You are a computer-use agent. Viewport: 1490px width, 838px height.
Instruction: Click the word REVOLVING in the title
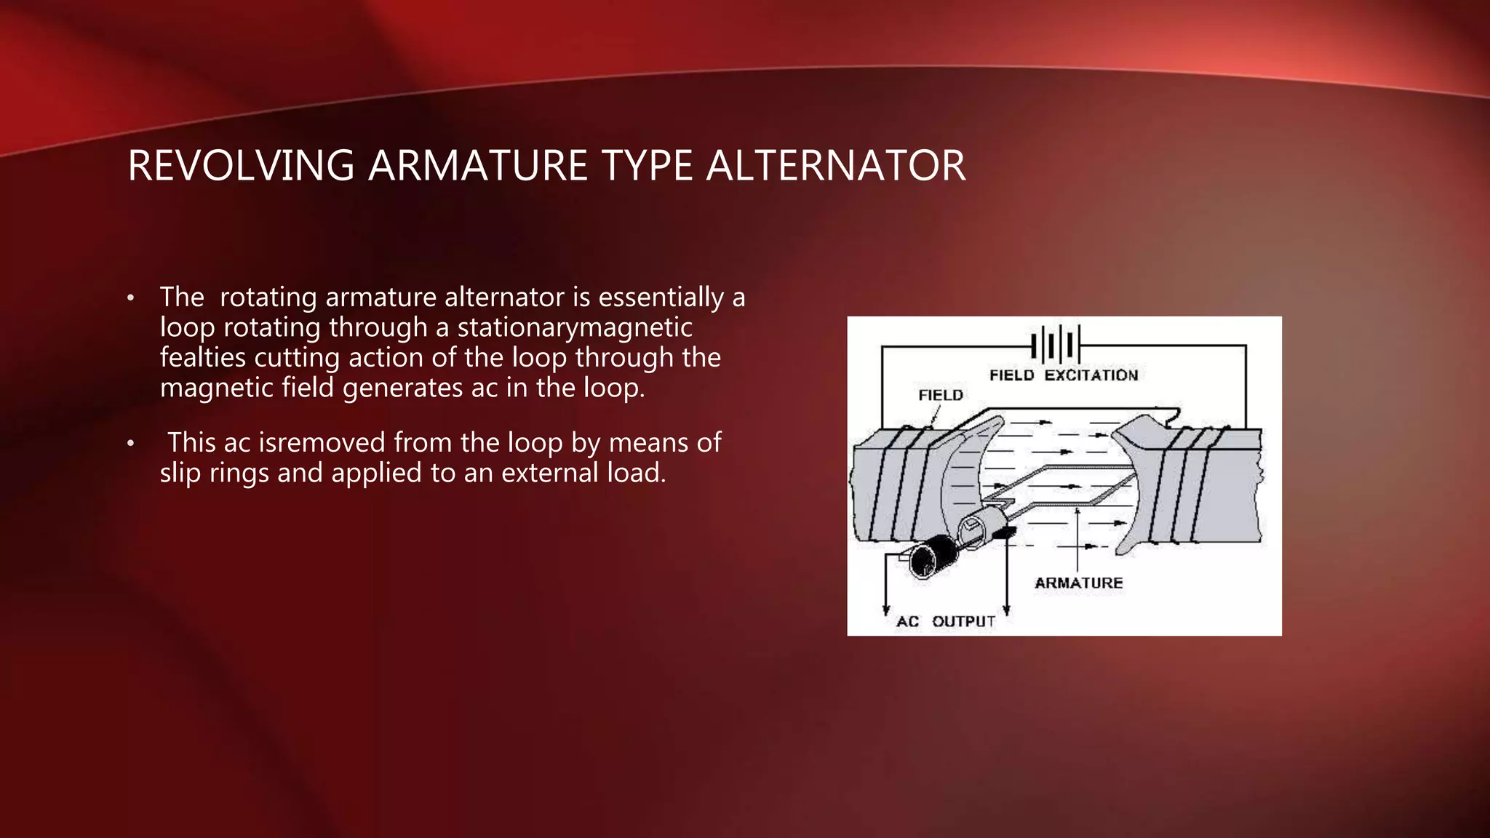pos(241,166)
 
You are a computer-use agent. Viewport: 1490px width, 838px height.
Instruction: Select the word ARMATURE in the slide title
pos(477,166)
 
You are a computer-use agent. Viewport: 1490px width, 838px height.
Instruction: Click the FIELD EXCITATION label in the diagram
pos(1063,375)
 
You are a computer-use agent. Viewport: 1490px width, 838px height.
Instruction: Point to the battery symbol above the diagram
pos(1055,343)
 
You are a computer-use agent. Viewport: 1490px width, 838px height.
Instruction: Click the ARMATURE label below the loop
pos(1078,583)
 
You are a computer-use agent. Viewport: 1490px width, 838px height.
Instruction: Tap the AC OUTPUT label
pos(945,621)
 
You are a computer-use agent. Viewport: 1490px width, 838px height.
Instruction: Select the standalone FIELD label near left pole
pos(940,395)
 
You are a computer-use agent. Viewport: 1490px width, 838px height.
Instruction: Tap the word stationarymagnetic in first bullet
pos(574,327)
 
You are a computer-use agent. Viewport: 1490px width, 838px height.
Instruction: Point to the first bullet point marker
pos(130,298)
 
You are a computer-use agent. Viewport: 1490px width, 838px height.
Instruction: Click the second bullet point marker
pos(130,443)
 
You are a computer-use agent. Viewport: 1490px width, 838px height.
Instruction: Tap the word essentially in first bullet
pos(661,297)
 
